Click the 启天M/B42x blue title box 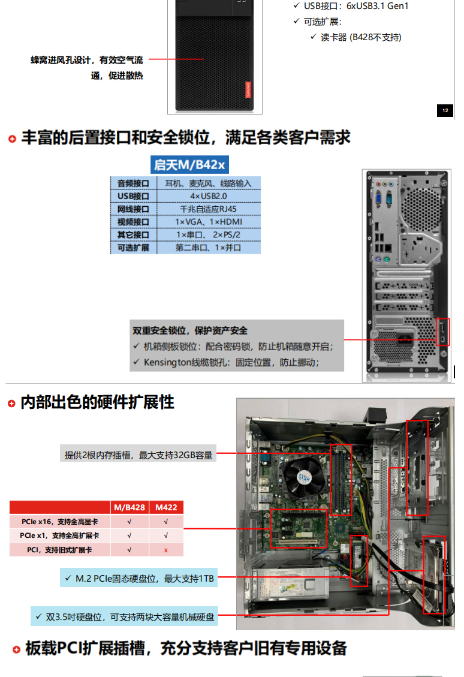pos(189,164)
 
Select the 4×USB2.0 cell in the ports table pos(209,196)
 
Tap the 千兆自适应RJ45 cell pos(209,209)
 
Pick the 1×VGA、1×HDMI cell pos(209,222)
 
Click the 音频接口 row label pos(133,183)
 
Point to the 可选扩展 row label pos(133,248)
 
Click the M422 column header pos(166,507)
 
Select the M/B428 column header pos(129,507)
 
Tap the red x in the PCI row pos(166,550)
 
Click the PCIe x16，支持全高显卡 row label pos(59,522)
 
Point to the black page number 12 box pos(445,110)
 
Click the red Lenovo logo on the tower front pos(248,90)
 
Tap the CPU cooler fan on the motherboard pos(304,477)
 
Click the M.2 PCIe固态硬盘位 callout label pos(139,578)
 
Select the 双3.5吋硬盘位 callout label pos(124,616)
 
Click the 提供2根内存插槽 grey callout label pos(138,455)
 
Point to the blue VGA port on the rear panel pos(378,198)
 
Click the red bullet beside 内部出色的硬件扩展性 pos(11,404)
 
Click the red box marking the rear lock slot pos(443,332)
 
